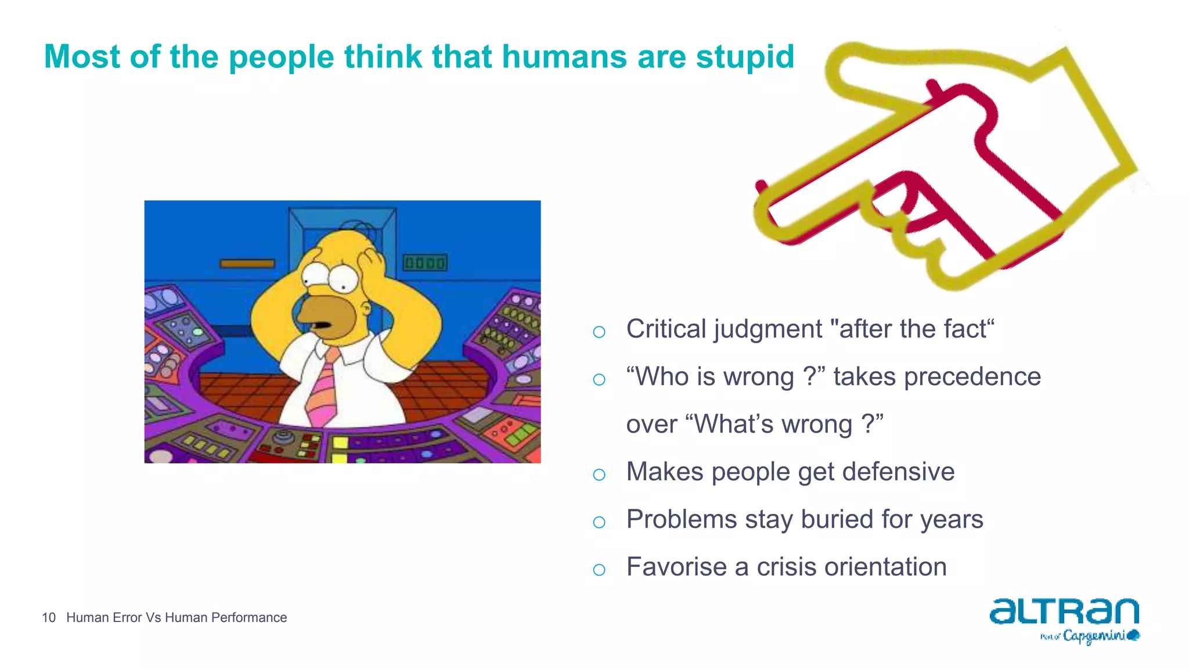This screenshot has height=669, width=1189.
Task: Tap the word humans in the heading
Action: coord(564,57)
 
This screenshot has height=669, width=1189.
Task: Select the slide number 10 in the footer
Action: coord(49,618)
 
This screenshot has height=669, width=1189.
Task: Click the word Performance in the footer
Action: coord(249,618)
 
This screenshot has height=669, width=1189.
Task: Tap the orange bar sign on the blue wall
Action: coord(247,264)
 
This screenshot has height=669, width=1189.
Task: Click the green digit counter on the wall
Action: coord(425,263)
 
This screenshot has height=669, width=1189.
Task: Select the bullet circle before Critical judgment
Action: coord(599,332)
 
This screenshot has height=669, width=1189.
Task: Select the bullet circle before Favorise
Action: coord(599,570)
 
